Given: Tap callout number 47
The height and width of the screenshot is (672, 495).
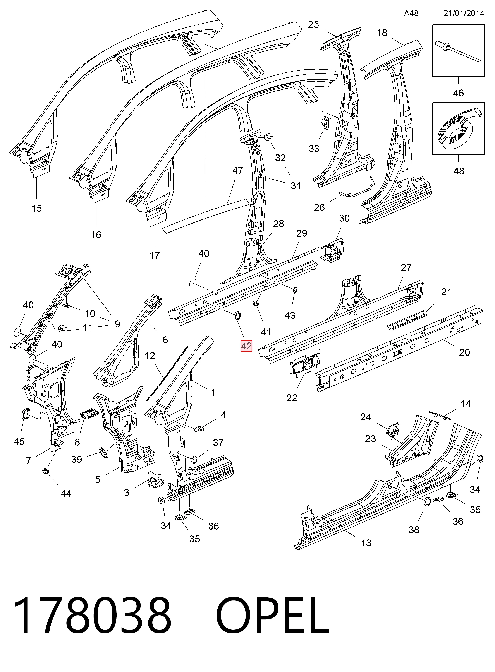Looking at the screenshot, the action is coord(238,170).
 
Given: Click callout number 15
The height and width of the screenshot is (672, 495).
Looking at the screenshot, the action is coord(36,209).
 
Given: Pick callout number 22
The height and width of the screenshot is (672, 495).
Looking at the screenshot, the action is coord(292,398).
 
